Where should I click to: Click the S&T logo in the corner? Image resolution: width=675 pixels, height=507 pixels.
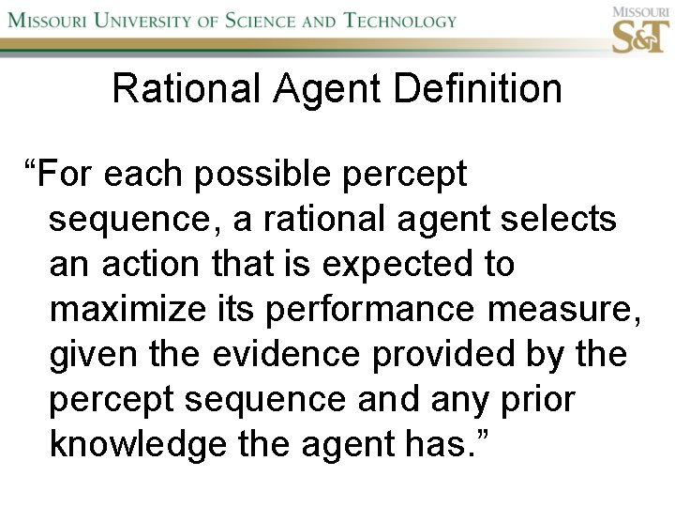pos(640,35)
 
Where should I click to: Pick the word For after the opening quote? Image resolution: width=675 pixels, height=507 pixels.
pos(68,175)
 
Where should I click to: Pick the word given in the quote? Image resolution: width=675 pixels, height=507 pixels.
pos(92,355)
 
